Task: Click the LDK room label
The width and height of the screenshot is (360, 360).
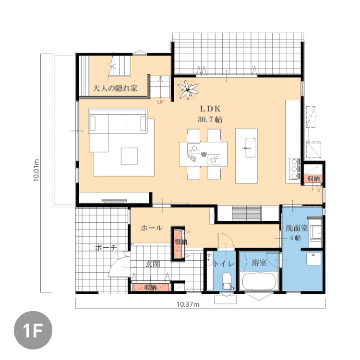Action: point(210,108)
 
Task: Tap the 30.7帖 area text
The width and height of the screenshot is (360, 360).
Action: point(210,120)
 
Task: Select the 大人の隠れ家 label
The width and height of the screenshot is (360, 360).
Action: point(115,88)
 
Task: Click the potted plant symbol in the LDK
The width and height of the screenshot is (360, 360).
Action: point(188,90)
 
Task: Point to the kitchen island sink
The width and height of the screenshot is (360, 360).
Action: point(250,148)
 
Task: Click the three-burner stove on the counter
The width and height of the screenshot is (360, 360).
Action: point(294,169)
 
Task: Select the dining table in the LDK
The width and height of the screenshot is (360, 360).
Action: point(203,154)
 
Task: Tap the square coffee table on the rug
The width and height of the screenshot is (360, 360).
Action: point(129,156)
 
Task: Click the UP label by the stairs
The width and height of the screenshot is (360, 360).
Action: point(160,102)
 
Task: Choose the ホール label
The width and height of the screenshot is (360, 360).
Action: point(152,228)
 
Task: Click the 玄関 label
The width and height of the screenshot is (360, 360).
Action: point(153,264)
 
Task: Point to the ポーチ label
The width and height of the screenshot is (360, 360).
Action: point(106,248)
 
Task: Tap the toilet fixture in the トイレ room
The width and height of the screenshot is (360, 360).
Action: point(227,281)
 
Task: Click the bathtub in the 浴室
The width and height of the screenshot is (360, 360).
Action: point(259,281)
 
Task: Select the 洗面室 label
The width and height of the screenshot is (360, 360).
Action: point(297,228)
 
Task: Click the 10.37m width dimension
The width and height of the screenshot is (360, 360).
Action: point(188,304)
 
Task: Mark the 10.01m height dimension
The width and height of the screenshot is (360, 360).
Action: point(36,170)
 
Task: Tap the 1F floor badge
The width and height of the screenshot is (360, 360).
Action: point(33,330)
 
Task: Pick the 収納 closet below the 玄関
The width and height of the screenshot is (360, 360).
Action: point(151,288)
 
